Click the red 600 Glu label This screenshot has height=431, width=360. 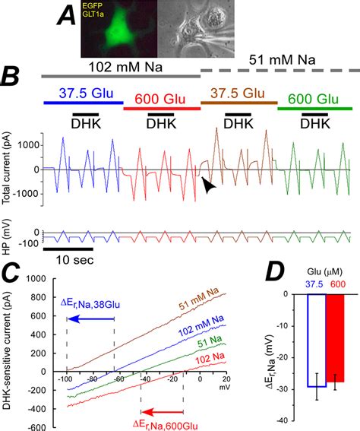click(x=159, y=99)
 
